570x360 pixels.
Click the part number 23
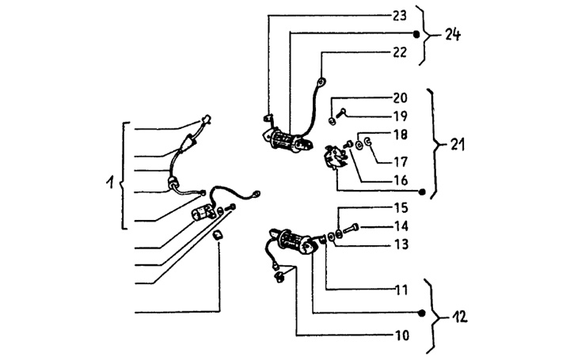tap(399, 15)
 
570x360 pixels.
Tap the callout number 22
tap(399, 53)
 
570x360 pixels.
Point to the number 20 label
tap(400, 98)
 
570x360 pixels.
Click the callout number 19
tap(400, 115)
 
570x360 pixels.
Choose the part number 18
tap(400, 135)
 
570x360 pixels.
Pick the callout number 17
tap(400, 161)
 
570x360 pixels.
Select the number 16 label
tap(400, 180)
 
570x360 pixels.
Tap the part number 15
tap(400, 208)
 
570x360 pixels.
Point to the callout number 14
tap(400, 226)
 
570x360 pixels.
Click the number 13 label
tap(400, 244)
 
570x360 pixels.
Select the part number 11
tap(400, 290)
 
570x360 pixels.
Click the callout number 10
tap(400, 335)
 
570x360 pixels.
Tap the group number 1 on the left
tap(110, 183)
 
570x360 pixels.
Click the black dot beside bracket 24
tap(419, 34)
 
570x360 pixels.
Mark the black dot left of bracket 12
tap(422, 314)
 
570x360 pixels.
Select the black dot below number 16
tap(422, 192)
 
